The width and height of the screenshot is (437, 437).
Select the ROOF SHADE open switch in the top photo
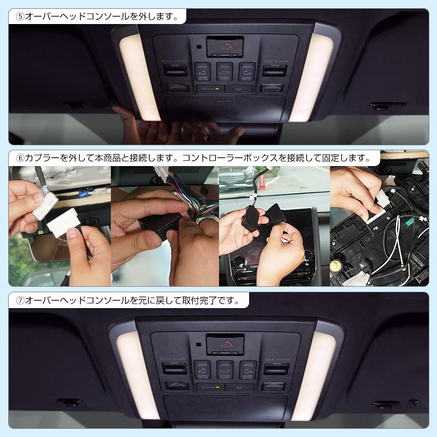(x=175, y=70)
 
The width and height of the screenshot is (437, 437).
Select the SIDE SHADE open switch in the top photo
(x=274, y=70)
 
